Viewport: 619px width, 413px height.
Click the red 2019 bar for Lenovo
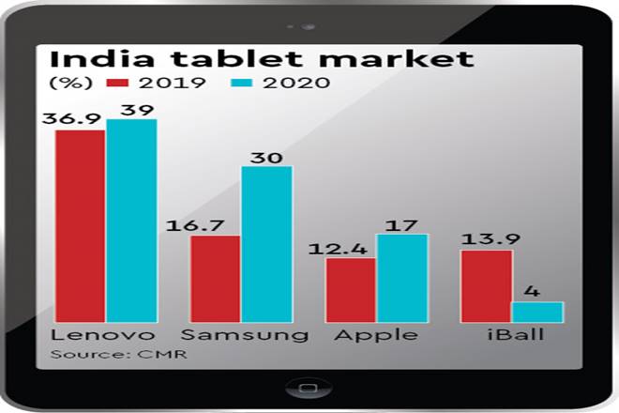pos(80,225)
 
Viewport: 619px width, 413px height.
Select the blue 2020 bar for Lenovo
pos(131,221)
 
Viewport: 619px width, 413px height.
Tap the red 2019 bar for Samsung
pos(216,278)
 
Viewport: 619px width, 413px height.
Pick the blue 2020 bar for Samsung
pos(267,244)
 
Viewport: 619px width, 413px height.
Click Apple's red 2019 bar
pos(351,289)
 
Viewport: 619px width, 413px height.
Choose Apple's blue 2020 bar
pos(402,277)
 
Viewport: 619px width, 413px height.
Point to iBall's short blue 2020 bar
pos(537,312)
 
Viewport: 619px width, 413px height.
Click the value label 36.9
pos(77,117)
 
